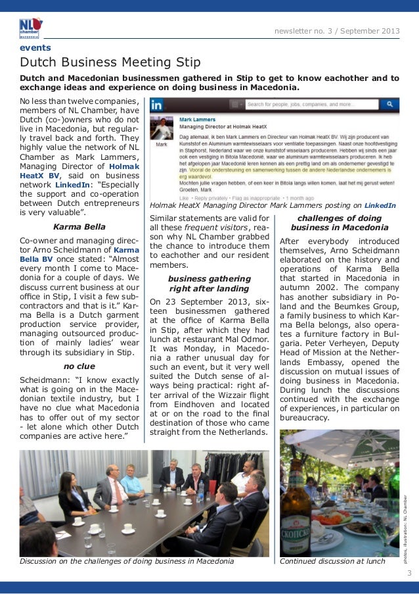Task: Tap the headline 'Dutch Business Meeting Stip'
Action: point(110,62)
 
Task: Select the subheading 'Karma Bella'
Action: point(79,227)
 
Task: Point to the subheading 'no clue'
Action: point(79,366)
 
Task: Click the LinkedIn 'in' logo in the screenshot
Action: point(158,105)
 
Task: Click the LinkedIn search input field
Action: point(312,104)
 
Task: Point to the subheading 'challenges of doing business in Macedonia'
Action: point(339,223)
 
